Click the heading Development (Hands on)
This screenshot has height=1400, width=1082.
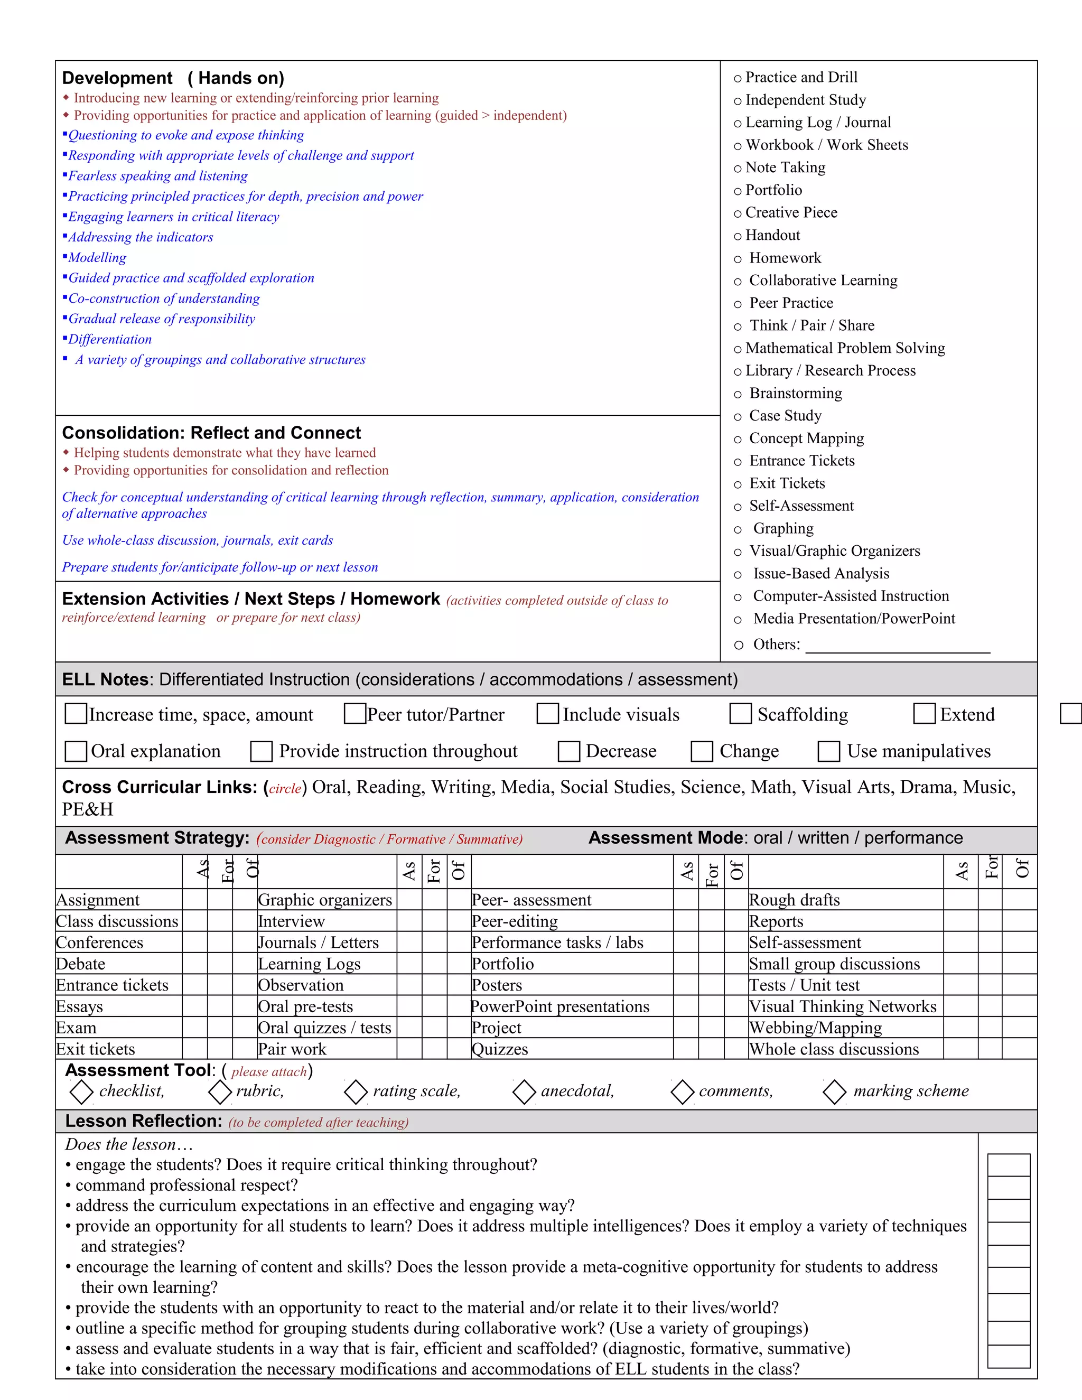pyautogui.click(x=173, y=78)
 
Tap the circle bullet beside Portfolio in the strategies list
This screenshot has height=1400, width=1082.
pyautogui.click(x=738, y=191)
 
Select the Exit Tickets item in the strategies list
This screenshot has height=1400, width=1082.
pyautogui.click(x=787, y=483)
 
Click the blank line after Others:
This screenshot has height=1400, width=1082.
pyautogui.click(x=898, y=646)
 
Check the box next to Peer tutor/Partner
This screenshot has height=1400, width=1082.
pyautogui.click(x=355, y=713)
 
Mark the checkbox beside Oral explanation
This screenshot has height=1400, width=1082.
pyautogui.click(x=76, y=751)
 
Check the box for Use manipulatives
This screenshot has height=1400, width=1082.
pyautogui.click(x=828, y=751)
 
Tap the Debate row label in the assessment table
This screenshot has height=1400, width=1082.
pyautogui.click(x=81, y=964)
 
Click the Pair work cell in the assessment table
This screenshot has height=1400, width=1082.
pyautogui.click(x=292, y=1049)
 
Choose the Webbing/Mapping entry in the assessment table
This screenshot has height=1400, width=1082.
pyautogui.click(x=815, y=1028)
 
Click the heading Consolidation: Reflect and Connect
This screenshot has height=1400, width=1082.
pyautogui.click(x=211, y=433)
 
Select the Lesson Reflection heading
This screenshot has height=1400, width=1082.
pyautogui.click(x=144, y=1121)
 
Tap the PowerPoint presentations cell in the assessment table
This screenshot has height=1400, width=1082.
pyautogui.click(x=560, y=1007)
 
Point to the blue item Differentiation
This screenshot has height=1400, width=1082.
pyautogui.click(x=110, y=340)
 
